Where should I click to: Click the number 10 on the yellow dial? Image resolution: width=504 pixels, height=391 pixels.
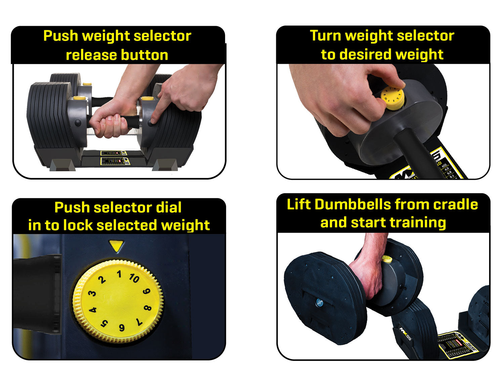point(134,278)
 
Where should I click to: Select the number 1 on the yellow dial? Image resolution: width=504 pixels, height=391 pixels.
point(119,274)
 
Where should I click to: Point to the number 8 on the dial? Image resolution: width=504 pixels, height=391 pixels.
point(148,308)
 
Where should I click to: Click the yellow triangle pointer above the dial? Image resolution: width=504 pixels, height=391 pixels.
point(117,246)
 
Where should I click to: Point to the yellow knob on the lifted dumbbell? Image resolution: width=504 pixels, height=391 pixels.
point(387,259)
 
